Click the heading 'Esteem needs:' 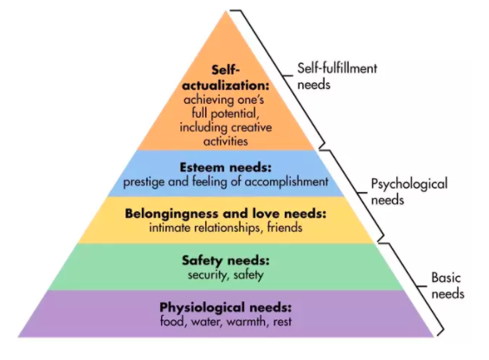[226, 168]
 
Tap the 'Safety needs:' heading [226, 260]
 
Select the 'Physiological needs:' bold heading [226, 307]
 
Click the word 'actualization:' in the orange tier [226, 86]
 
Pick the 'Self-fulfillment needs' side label [338, 76]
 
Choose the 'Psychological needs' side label [409, 192]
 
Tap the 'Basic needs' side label [447, 286]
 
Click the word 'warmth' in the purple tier [247, 321]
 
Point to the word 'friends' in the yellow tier [285, 228]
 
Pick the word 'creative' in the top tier [251, 127]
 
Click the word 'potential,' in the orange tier [235, 113]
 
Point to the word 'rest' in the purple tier [282, 322]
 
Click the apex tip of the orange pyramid [227, 11]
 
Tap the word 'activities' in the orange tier [226, 141]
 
